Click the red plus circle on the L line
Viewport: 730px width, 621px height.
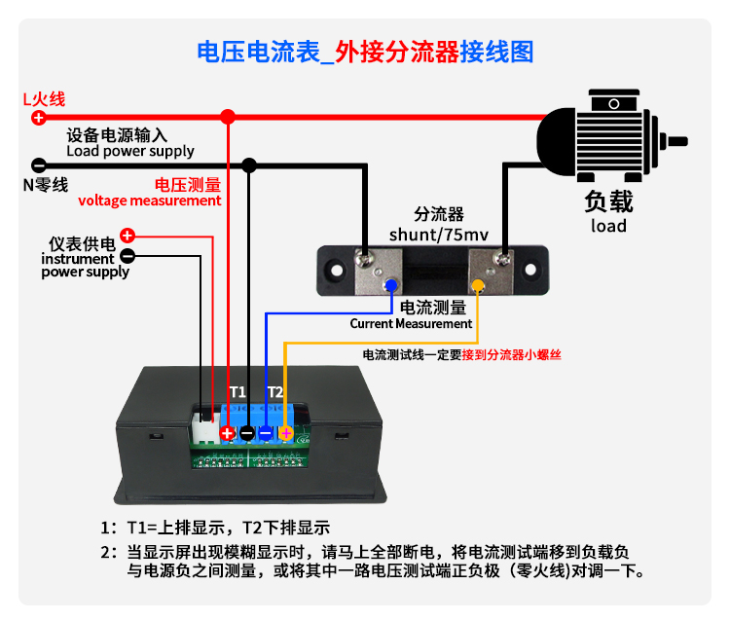click(x=38, y=118)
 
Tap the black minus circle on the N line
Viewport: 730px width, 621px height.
click(x=38, y=165)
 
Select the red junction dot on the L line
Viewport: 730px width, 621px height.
click(x=228, y=118)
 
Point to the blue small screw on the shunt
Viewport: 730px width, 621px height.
click(x=389, y=286)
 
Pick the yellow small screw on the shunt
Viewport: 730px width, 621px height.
click(x=478, y=286)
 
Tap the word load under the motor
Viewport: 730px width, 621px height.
click(x=608, y=226)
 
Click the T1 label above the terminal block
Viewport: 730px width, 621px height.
click(x=237, y=391)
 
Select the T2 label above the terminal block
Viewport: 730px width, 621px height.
click(x=275, y=391)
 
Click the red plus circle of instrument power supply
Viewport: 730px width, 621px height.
click(x=127, y=236)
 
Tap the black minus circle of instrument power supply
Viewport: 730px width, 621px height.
click(x=127, y=256)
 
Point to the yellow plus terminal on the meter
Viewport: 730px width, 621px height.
click(x=285, y=433)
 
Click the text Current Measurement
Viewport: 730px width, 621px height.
click(x=411, y=323)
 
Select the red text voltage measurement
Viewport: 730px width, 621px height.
click(x=150, y=201)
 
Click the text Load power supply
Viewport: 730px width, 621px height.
click(x=129, y=151)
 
